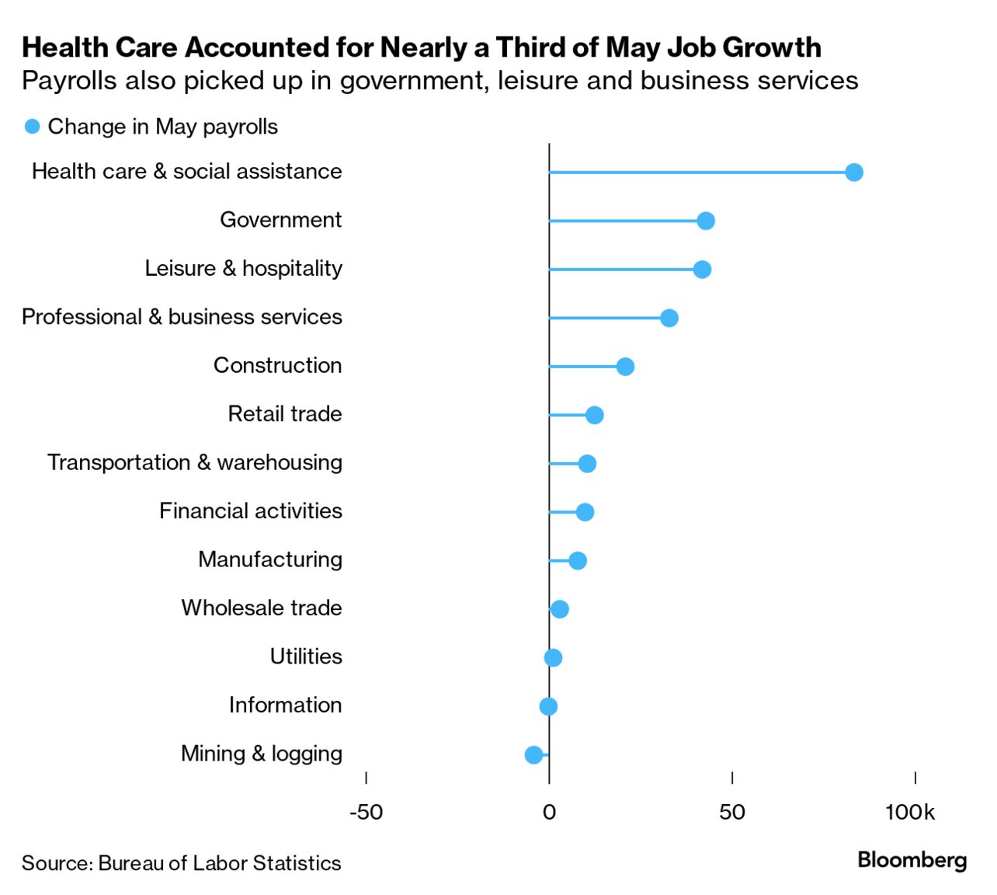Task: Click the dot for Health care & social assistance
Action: [x=853, y=172]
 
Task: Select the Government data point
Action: [x=705, y=221]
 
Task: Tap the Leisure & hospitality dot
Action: [x=702, y=270]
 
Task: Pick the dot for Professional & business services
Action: [x=669, y=318]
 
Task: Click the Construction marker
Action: [x=625, y=367]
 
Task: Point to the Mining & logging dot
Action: [x=533, y=754]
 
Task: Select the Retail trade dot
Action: [x=594, y=415]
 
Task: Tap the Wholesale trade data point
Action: [x=559, y=609]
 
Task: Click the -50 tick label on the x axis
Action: [x=366, y=813]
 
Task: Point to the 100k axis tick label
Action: [x=910, y=813]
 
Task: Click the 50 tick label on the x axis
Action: [x=731, y=813]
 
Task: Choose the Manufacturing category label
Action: [x=269, y=559]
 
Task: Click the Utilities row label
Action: [x=306, y=656]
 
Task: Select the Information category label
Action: [x=285, y=705]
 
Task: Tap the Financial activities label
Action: [x=250, y=511]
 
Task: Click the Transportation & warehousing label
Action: [x=194, y=462]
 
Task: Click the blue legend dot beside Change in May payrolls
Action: [x=32, y=127]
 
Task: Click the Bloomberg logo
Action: [x=912, y=860]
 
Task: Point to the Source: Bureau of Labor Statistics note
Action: [x=181, y=863]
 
